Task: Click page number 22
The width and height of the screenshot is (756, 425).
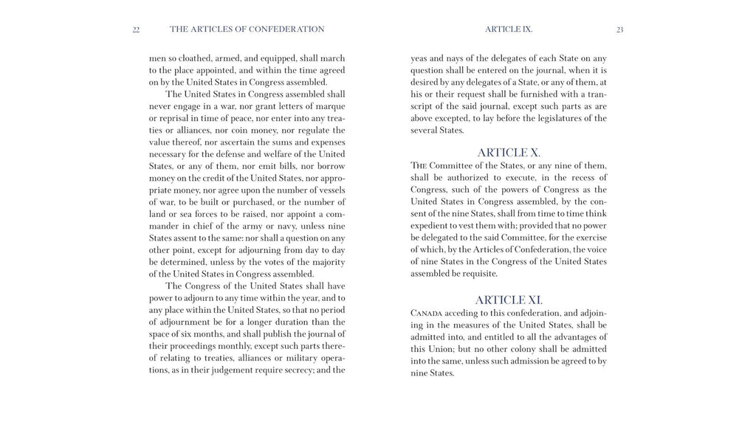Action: [x=136, y=30]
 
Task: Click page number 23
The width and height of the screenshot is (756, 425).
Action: [x=619, y=30]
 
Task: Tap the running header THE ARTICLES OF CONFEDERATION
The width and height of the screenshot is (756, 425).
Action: [x=247, y=30]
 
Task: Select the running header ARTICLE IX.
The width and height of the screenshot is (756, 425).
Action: [x=509, y=30]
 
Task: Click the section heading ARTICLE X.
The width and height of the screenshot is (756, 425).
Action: [x=509, y=153]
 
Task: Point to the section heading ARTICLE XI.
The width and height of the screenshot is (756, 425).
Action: [x=509, y=300]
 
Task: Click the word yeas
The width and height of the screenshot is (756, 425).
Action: [x=422, y=58]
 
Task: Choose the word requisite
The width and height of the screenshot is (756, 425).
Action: [x=477, y=273]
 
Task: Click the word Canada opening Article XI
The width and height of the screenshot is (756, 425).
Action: [x=429, y=313]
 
